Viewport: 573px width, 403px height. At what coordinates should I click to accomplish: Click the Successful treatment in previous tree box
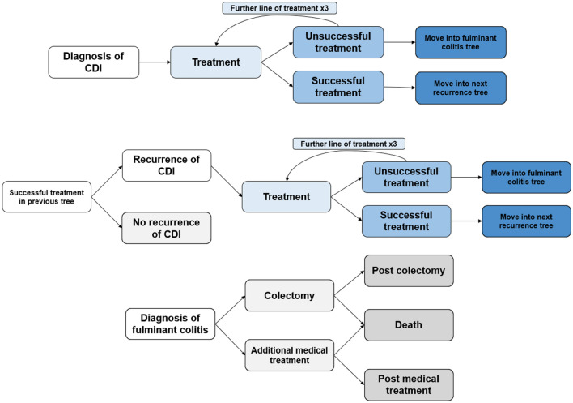click(46, 197)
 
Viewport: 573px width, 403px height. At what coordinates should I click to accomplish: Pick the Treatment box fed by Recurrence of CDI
click(286, 197)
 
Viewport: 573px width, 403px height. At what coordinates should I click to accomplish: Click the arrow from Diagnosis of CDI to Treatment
click(155, 61)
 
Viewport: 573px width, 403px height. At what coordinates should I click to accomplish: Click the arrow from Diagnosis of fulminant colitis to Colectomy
click(229, 308)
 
